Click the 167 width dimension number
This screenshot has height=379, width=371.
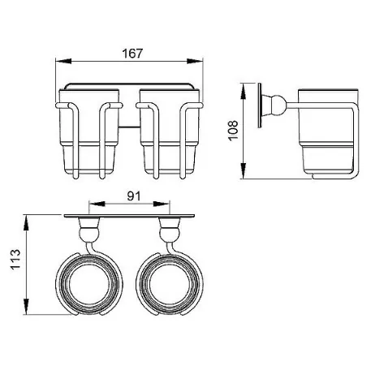coord(132,54)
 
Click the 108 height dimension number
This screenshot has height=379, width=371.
coord(233,131)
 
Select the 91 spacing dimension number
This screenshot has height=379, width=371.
coord(134,196)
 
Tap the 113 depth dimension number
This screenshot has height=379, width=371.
coord(15,259)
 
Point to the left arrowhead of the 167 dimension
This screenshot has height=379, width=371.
coord(63,61)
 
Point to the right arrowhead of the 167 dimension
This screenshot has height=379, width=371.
coord(195,61)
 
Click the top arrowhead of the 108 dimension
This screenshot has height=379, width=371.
coord(244,91)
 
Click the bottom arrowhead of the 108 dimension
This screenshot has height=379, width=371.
coord(244,171)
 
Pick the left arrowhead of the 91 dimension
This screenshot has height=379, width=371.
coord(97,204)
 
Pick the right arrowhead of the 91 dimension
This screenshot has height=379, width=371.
coord(162,204)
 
